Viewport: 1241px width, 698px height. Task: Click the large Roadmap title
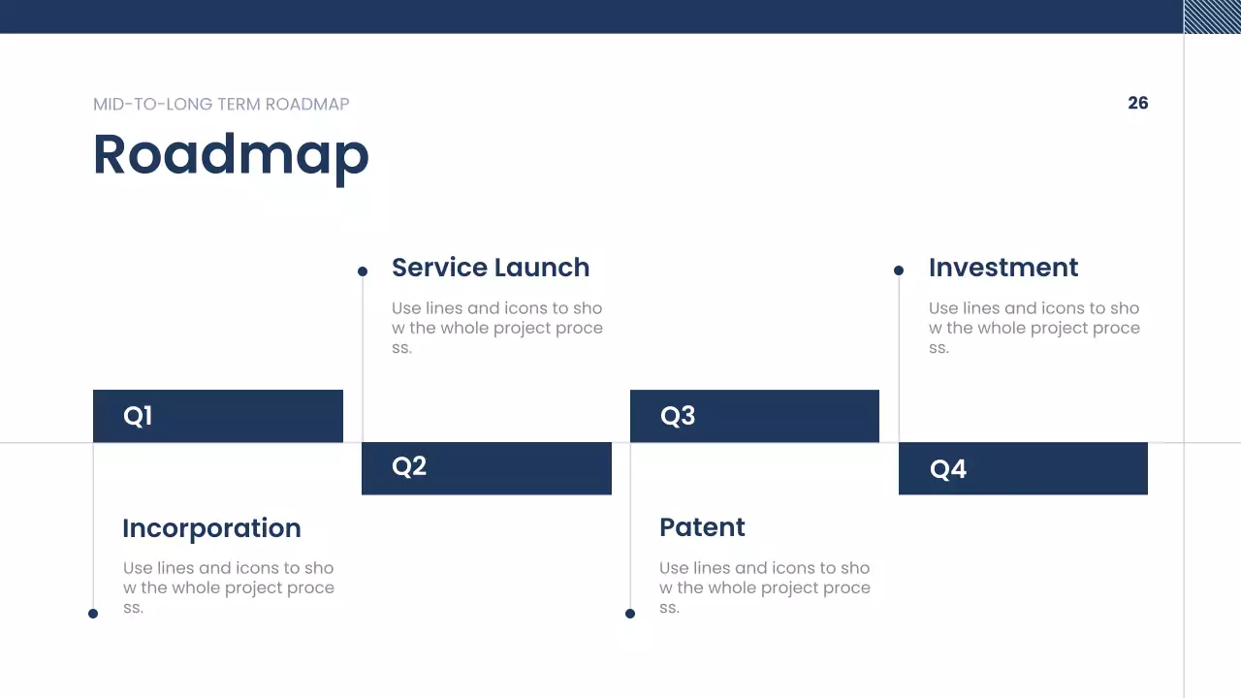tap(231, 157)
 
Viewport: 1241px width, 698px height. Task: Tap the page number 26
tap(1138, 103)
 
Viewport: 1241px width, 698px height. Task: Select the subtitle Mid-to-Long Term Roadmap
tap(221, 104)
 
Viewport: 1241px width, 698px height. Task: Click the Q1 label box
tap(218, 416)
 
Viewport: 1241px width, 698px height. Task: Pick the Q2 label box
tap(487, 468)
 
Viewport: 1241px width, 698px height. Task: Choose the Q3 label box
tap(754, 416)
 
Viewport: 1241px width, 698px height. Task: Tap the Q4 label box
tap(1023, 468)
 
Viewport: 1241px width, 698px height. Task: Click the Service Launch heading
tap(491, 268)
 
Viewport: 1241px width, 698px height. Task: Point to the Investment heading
tap(1003, 268)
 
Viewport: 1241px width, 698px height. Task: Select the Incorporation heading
tap(211, 529)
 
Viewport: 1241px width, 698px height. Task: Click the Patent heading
tap(702, 527)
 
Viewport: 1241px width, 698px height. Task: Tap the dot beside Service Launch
tap(363, 271)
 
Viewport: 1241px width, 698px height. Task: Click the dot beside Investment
tap(899, 270)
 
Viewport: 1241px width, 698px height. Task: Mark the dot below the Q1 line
tap(93, 614)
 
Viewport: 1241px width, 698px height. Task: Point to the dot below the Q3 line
tap(630, 614)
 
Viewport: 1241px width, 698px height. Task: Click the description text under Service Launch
tap(497, 328)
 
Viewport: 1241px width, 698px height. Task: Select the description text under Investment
tap(1034, 328)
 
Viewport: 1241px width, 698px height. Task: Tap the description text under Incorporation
tap(228, 587)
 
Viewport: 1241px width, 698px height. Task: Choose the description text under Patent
tap(765, 587)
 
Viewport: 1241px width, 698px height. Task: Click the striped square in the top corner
tap(1212, 16)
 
